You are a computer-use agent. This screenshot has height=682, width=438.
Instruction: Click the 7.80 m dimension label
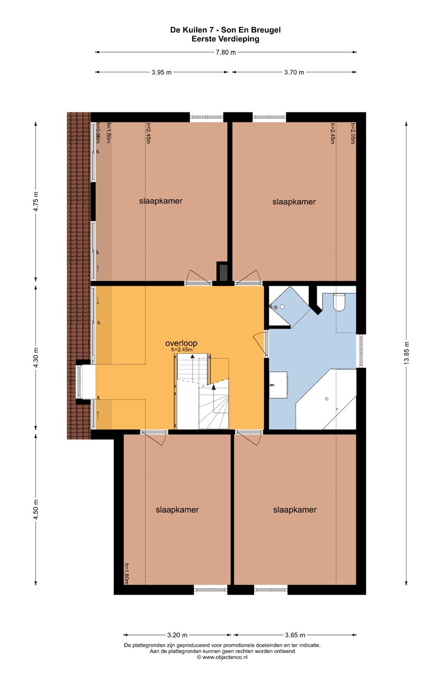point(226,52)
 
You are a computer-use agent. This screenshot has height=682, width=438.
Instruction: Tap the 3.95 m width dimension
point(161,72)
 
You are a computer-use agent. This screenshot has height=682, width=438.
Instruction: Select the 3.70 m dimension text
point(294,72)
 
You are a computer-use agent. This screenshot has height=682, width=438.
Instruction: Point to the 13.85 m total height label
point(406,353)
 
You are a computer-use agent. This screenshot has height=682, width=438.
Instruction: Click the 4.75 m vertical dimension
point(36,201)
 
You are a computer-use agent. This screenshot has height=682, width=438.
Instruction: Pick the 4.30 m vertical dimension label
point(36,358)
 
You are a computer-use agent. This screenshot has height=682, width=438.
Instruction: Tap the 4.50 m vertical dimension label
point(36,510)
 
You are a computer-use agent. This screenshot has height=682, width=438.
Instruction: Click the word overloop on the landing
point(181,343)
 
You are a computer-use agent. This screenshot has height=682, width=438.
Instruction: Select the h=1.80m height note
point(127,573)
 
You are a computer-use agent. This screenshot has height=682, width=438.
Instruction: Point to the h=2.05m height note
point(353,133)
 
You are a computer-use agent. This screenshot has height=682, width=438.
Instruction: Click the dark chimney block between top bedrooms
point(222,271)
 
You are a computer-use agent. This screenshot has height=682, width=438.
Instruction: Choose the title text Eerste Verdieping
point(225,39)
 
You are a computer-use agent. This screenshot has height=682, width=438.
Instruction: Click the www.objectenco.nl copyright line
point(222,657)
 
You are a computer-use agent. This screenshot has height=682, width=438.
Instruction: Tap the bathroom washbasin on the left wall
point(278,385)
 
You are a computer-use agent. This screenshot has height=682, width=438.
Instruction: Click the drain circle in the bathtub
point(327,399)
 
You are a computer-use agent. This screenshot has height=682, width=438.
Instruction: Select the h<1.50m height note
point(108,133)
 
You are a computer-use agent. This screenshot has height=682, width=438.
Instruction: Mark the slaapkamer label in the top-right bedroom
point(294,202)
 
